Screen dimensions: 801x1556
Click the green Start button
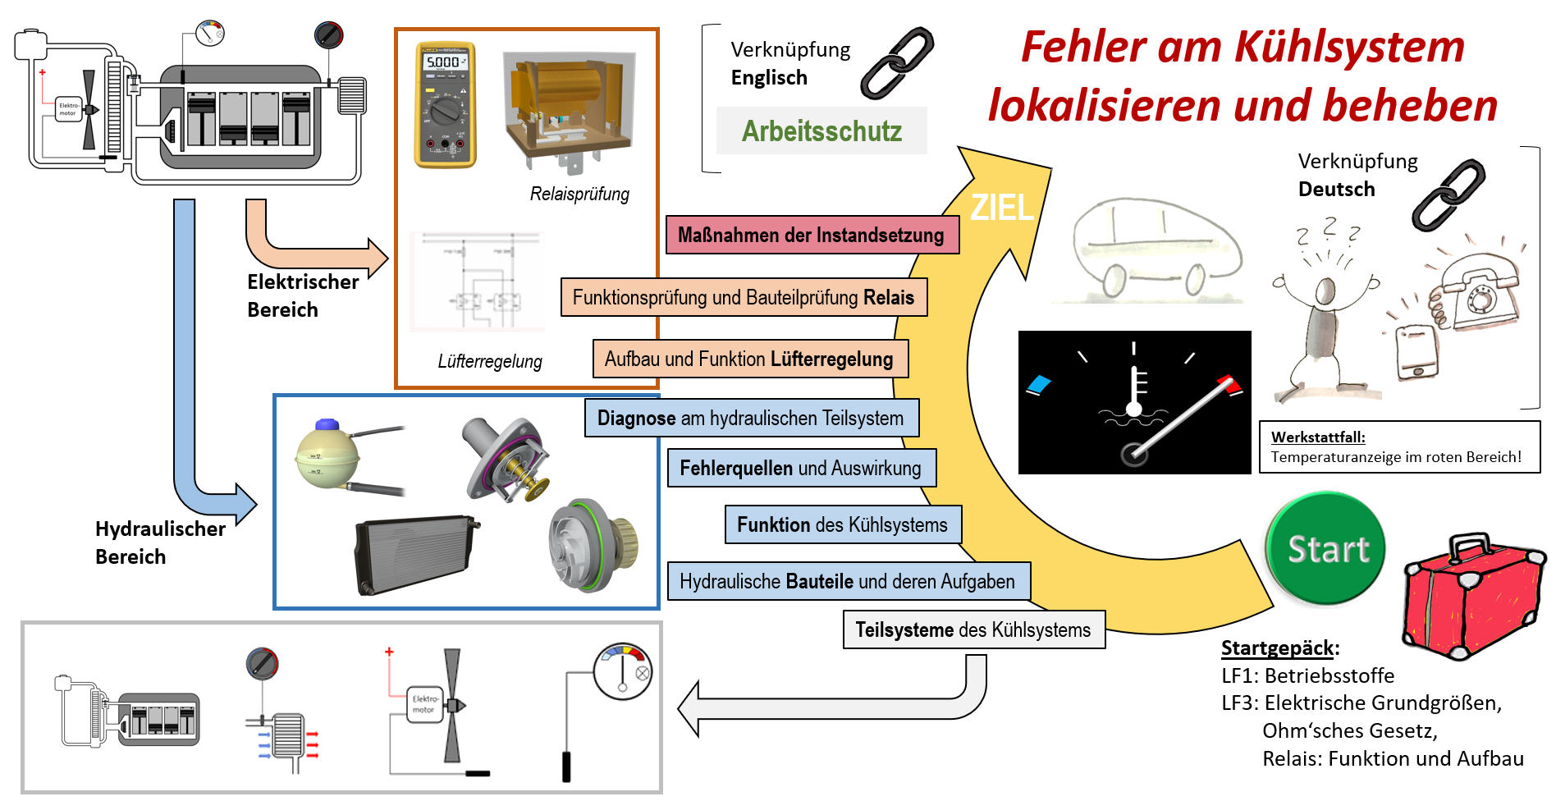click(x=1326, y=548)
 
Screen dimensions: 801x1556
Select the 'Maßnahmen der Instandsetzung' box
click(x=812, y=235)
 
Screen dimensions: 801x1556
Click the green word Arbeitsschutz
click(x=821, y=131)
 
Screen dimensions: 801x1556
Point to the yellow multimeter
click(x=445, y=104)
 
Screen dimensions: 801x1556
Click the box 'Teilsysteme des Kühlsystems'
click(x=973, y=629)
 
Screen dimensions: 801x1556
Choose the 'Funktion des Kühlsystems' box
click(x=842, y=524)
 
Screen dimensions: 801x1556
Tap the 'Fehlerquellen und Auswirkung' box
click(x=801, y=468)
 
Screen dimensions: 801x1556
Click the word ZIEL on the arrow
click(x=1001, y=208)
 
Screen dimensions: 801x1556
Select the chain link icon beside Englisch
click(x=897, y=62)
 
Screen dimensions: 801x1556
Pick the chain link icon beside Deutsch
click(x=1448, y=195)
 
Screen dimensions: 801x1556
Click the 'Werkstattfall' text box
click(x=1398, y=447)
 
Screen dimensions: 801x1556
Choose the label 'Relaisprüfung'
click(x=579, y=195)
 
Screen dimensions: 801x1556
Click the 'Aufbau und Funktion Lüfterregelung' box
click(x=749, y=359)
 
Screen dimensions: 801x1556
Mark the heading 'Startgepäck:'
click(x=1279, y=648)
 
